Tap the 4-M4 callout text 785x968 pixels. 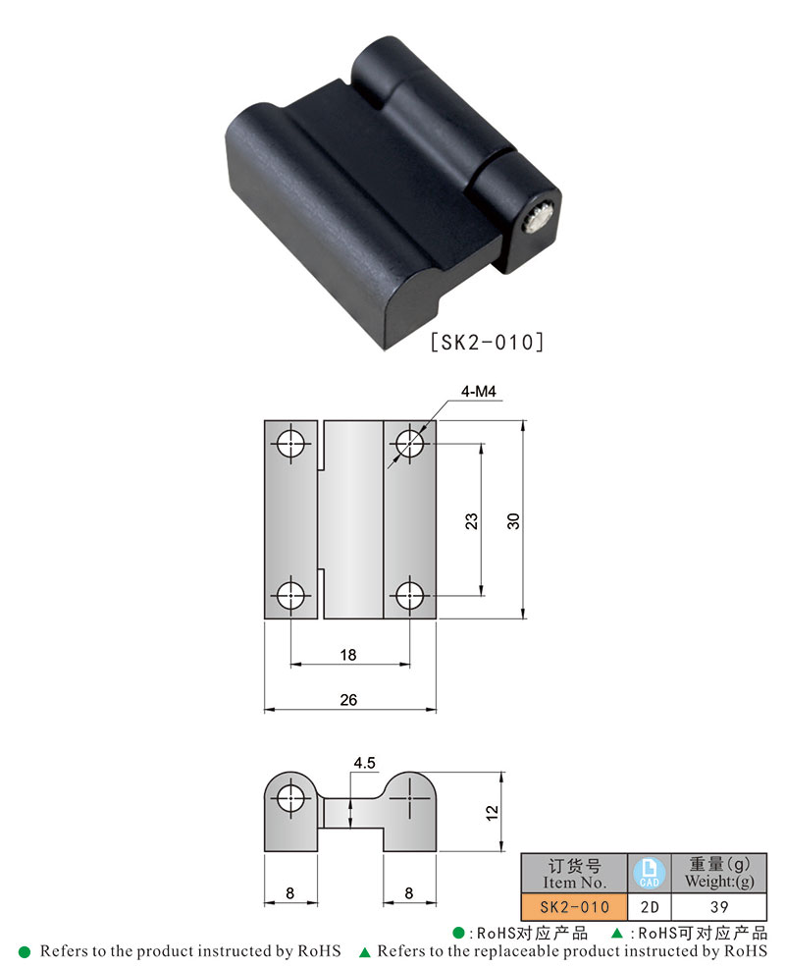(x=478, y=393)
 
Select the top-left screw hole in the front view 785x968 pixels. (x=291, y=445)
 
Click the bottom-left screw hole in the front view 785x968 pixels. (x=291, y=595)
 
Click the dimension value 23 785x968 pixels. (x=471, y=521)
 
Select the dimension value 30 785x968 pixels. (x=512, y=521)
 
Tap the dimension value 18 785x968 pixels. (x=348, y=654)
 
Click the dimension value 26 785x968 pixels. (x=348, y=699)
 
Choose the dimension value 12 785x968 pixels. (x=493, y=812)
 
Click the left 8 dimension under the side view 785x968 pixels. (x=289, y=893)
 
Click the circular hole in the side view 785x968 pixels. (x=290, y=800)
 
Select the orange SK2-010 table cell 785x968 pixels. (x=574, y=906)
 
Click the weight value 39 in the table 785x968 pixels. (x=719, y=906)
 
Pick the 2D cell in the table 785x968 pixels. (x=649, y=906)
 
